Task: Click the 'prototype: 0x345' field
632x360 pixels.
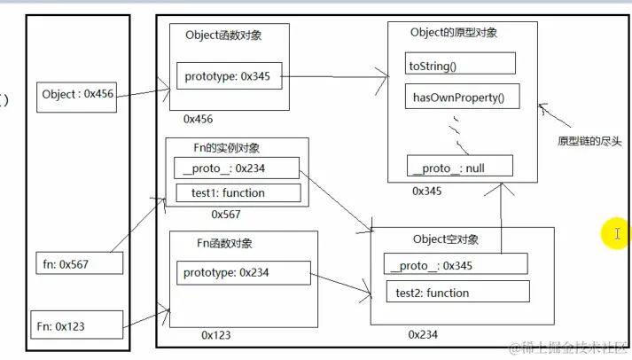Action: pos(230,78)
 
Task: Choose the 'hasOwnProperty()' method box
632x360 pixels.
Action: pos(460,98)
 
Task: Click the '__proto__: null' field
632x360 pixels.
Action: pos(447,166)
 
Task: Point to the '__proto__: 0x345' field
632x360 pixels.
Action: pos(456,264)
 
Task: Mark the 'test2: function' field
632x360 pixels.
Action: pos(456,292)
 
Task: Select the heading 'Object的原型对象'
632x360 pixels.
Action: pos(454,33)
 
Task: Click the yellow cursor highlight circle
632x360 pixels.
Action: pos(615,234)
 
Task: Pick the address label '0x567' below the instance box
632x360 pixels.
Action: pos(226,214)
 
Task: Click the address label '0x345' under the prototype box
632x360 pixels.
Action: pos(428,191)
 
